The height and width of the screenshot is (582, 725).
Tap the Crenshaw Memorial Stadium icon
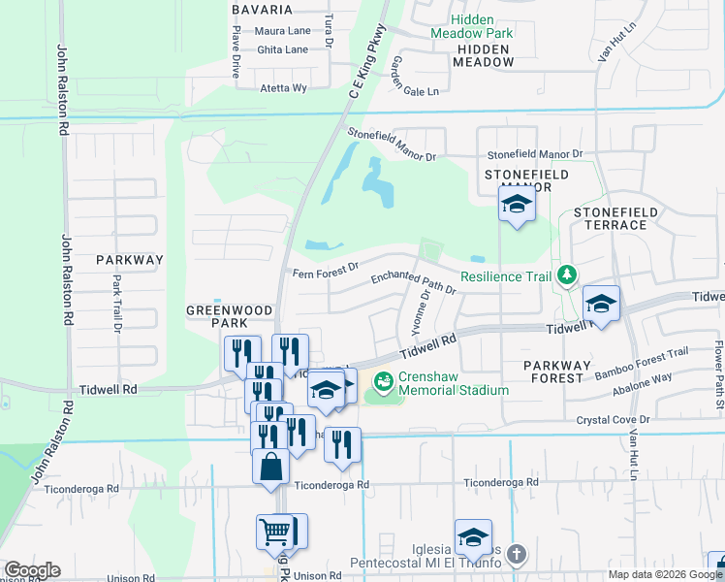[x=385, y=382]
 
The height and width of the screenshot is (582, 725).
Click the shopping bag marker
[x=270, y=467]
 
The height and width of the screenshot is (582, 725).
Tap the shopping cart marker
[x=274, y=532]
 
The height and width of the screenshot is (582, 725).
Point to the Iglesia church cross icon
[x=517, y=555]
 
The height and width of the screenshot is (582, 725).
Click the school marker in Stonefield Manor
[x=518, y=205]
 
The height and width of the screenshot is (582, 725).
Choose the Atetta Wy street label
[x=283, y=87]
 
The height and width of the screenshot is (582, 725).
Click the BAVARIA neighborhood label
[x=262, y=10]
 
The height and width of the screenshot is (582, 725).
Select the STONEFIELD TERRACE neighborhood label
[x=615, y=218]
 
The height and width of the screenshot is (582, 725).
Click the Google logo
[x=32, y=570]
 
